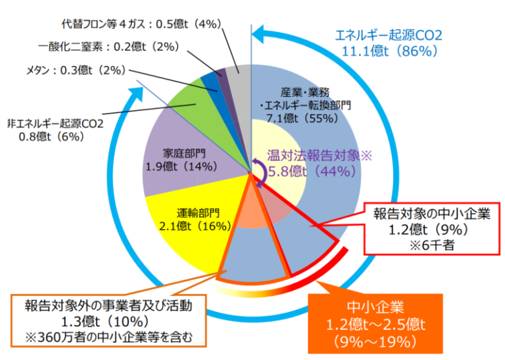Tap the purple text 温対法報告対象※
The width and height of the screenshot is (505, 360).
point(320,156)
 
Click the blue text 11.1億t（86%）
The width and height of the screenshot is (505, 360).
point(389,50)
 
